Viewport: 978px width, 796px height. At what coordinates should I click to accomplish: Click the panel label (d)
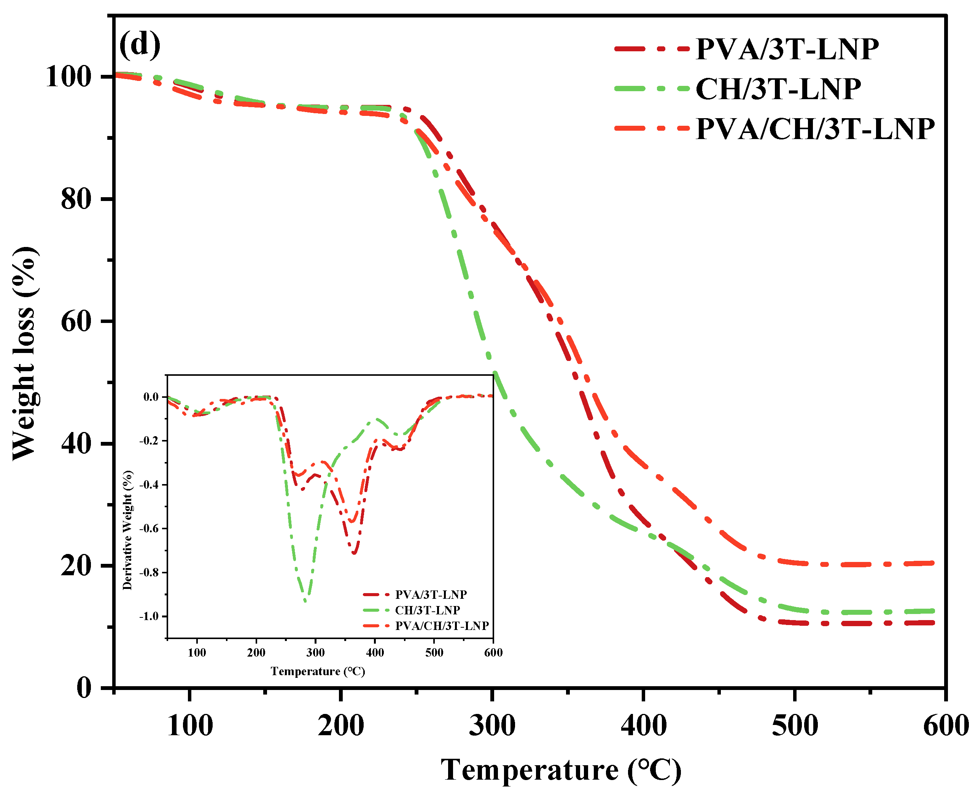(140, 45)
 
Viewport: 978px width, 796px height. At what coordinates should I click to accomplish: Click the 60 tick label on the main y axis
(76, 321)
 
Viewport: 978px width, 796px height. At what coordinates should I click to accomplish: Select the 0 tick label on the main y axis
(84, 688)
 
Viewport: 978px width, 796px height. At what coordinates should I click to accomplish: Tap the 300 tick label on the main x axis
(491, 726)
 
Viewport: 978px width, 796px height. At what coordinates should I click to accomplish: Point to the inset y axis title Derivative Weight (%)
(127, 530)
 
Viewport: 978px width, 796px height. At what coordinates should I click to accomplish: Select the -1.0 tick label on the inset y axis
(149, 616)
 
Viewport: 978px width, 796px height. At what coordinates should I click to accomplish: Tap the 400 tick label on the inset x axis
(375, 652)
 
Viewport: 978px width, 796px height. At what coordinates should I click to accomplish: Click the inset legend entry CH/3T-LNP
(427, 610)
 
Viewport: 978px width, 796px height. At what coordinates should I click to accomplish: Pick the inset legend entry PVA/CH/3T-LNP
(442, 626)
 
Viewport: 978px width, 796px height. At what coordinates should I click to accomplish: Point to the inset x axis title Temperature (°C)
(318, 671)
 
